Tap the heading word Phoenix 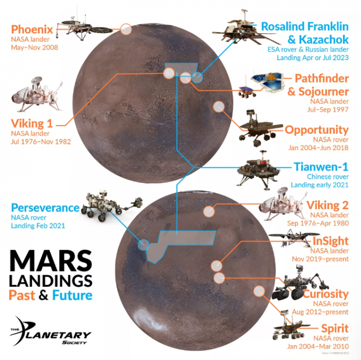(32, 29)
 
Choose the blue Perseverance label (45, 208)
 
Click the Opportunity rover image (258, 126)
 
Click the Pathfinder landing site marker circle (185, 78)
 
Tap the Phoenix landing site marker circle (126, 29)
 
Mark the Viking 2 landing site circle (209, 211)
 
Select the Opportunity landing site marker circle (219, 107)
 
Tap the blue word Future (73, 295)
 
